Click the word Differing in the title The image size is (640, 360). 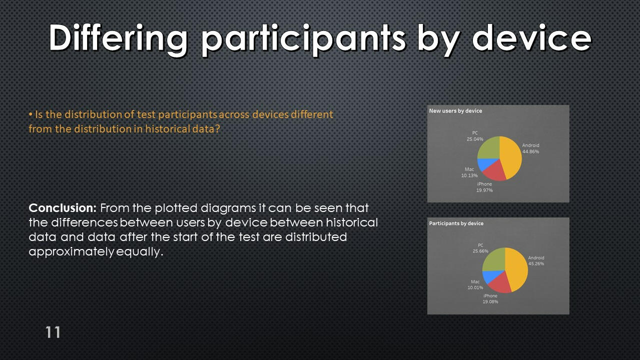[118, 39]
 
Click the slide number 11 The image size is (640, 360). [53, 332]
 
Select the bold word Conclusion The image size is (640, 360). [63, 208]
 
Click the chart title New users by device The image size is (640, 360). [455, 111]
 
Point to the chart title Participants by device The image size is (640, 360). [456, 223]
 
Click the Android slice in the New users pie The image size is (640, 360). [512, 157]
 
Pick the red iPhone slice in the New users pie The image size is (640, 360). [495, 172]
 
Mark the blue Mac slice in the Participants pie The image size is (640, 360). [490, 276]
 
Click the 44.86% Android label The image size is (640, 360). [530, 151]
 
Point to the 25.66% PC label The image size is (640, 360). [480, 251]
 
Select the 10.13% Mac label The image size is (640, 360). [469, 175]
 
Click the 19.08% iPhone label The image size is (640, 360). [490, 301]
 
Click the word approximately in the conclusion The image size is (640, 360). [72, 252]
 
